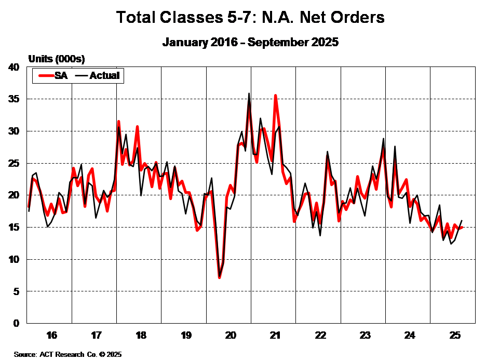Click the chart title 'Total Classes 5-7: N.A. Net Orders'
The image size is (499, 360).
tap(250, 17)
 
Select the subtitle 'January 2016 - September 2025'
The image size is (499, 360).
tap(250, 43)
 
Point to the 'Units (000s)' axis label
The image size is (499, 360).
tap(56, 58)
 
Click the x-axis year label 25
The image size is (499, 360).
tap(454, 335)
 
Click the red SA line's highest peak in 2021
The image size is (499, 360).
tap(276, 96)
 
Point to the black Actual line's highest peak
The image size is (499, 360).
tap(249, 94)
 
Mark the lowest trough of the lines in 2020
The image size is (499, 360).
tap(220, 277)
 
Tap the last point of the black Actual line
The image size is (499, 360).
tap(462, 220)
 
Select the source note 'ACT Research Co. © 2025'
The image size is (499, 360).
tap(68, 354)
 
